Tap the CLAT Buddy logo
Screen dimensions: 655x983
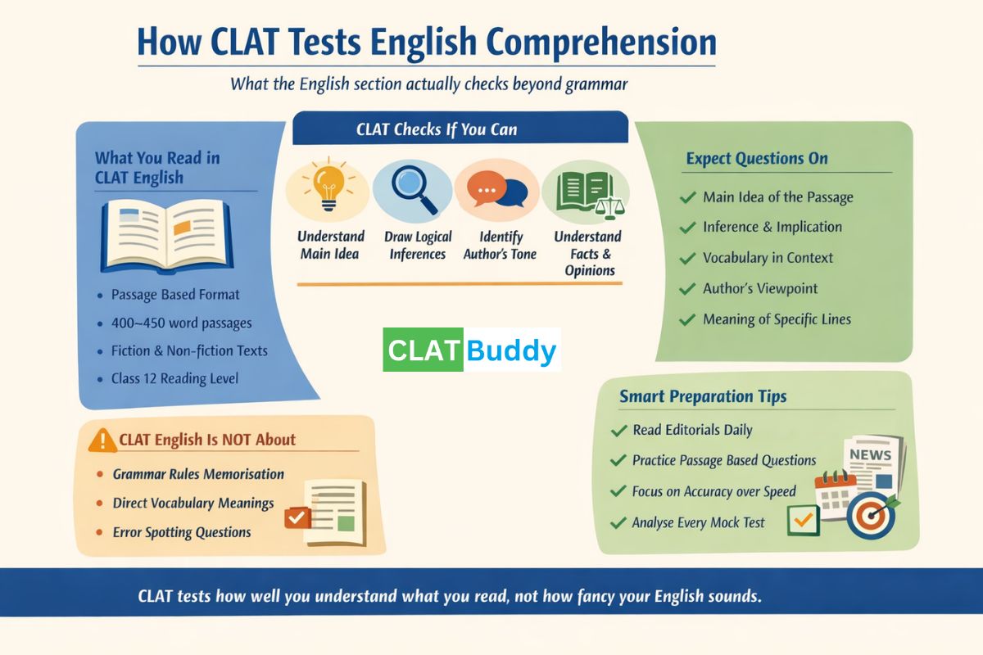(x=471, y=350)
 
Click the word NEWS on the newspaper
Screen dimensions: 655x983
(x=870, y=454)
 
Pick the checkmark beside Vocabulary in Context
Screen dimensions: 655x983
(x=688, y=259)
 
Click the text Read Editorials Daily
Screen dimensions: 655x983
(x=692, y=430)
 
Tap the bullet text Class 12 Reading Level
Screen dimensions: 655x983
(x=175, y=379)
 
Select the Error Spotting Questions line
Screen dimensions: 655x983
(x=182, y=532)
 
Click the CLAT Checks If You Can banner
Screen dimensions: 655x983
(x=460, y=129)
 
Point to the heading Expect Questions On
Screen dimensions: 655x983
(x=757, y=159)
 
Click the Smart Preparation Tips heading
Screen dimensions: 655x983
(x=703, y=397)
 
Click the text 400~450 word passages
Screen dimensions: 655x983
(x=181, y=323)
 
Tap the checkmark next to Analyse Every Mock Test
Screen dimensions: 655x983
(x=618, y=523)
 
